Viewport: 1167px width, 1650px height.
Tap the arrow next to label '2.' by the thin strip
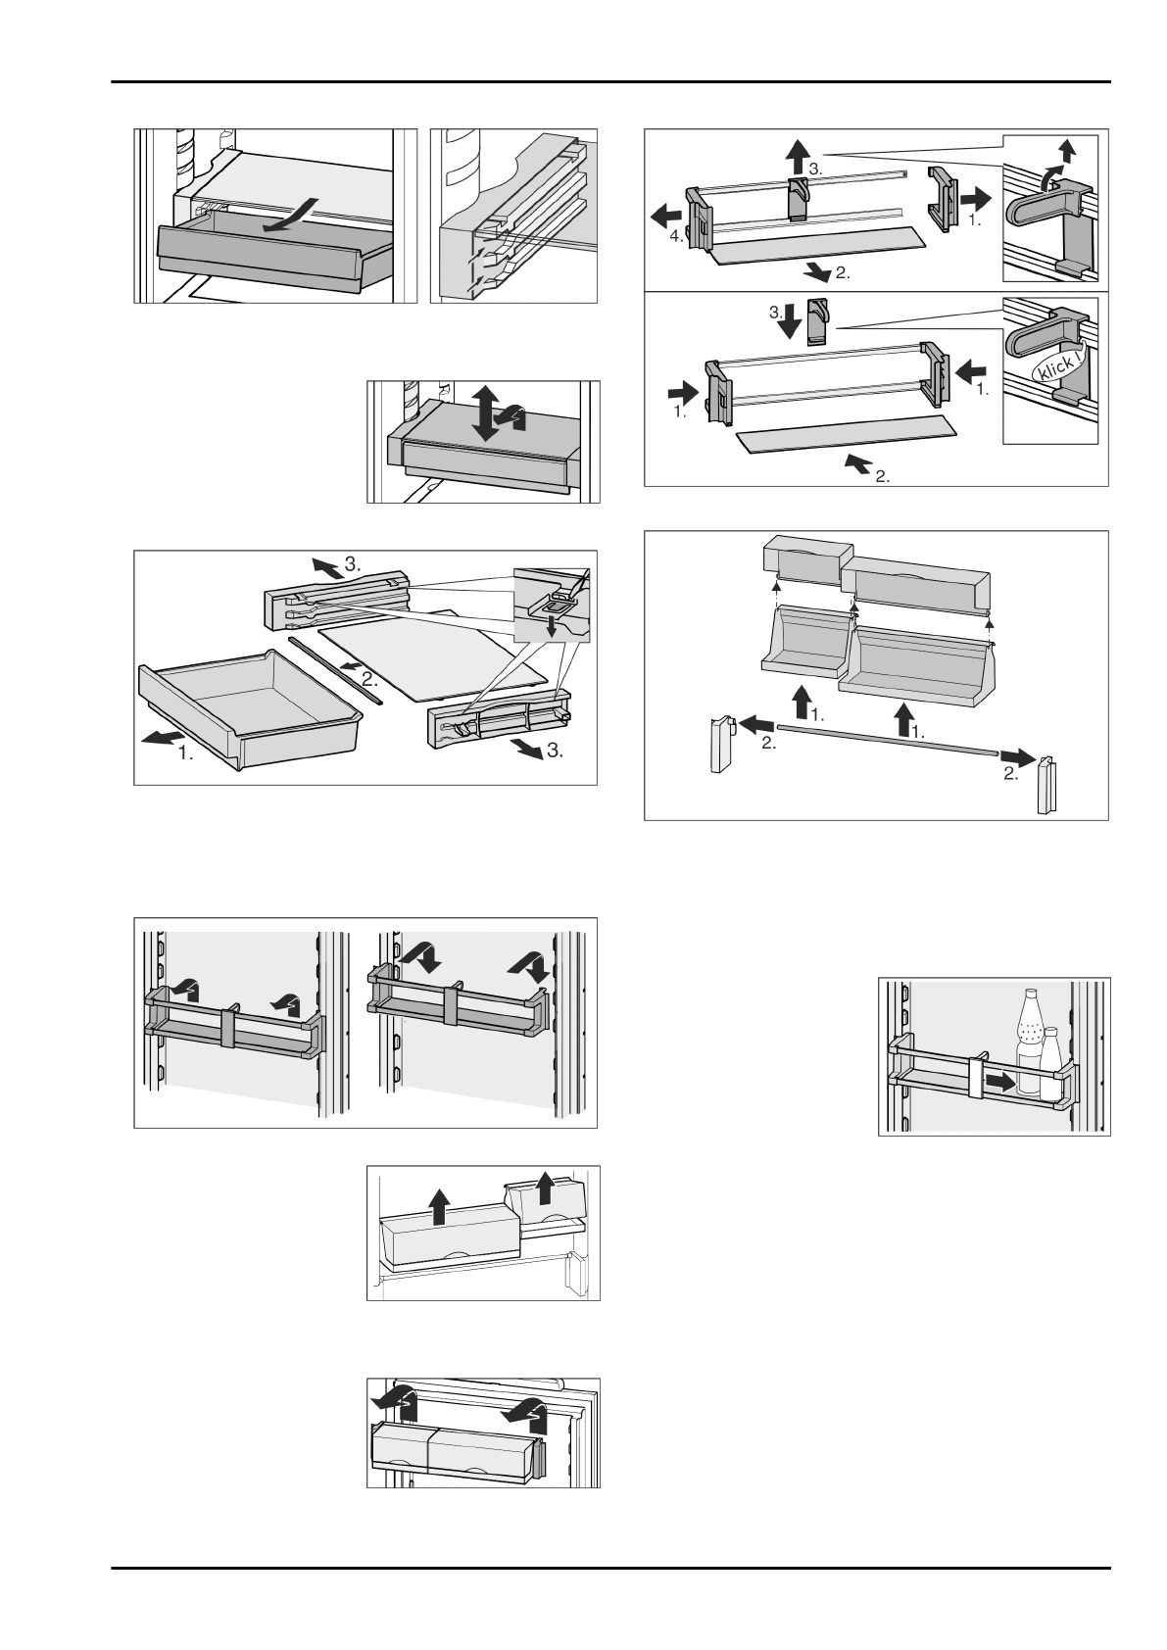coord(347,667)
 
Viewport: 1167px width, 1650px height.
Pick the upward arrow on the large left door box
coord(440,1205)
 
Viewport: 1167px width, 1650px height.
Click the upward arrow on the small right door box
coord(546,1190)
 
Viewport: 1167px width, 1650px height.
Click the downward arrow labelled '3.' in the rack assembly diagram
coord(790,321)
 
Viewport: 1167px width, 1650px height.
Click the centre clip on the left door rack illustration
coord(228,1027)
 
